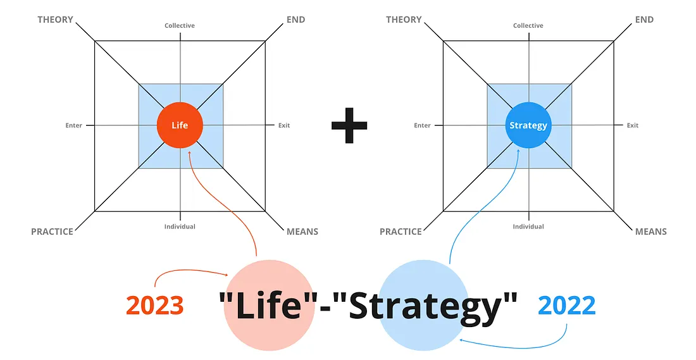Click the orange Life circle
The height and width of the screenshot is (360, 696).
180,125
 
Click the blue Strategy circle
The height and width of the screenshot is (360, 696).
528,125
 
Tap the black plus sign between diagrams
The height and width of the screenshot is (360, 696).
349,124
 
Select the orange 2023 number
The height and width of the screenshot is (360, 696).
155,306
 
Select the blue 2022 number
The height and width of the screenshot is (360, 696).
567,306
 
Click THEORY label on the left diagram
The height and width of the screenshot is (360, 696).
56,20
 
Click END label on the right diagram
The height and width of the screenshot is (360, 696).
644,20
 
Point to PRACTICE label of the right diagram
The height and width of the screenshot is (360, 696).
401,232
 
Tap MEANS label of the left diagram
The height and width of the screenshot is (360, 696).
302,232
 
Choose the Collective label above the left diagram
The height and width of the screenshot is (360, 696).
180,26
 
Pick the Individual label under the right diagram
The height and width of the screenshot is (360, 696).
528,227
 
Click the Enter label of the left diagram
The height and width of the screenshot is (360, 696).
74,125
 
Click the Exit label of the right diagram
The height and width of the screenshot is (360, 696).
633,125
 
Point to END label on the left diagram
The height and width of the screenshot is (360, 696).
295,20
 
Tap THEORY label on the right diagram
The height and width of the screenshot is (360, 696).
404,20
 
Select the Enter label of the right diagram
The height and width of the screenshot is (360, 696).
423,125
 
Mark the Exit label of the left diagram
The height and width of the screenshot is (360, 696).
284,125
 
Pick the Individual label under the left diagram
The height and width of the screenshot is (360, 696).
180,227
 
